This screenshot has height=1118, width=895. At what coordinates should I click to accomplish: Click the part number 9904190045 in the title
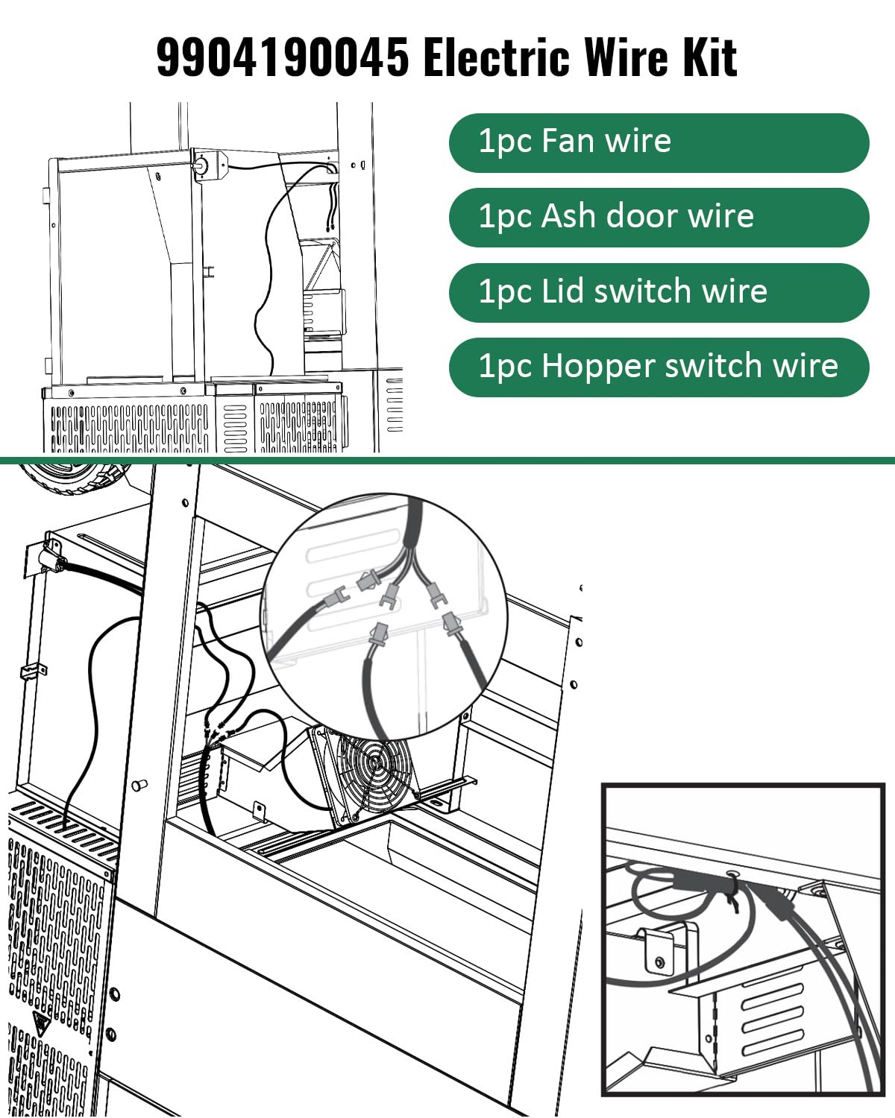[283, 57]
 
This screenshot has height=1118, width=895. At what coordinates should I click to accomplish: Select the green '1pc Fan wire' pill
[659, 142]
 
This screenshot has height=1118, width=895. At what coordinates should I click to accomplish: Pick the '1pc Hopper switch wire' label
[659, 367]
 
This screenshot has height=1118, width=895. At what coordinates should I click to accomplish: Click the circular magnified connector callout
[384, 615]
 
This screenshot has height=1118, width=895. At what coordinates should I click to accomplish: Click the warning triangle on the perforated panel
[39, 1020]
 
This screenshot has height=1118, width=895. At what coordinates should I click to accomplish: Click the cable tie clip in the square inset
[735, 891]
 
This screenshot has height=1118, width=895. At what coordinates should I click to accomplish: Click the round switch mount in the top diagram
[202, 165]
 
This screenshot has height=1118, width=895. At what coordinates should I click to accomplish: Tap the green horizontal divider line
[447, 461]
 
